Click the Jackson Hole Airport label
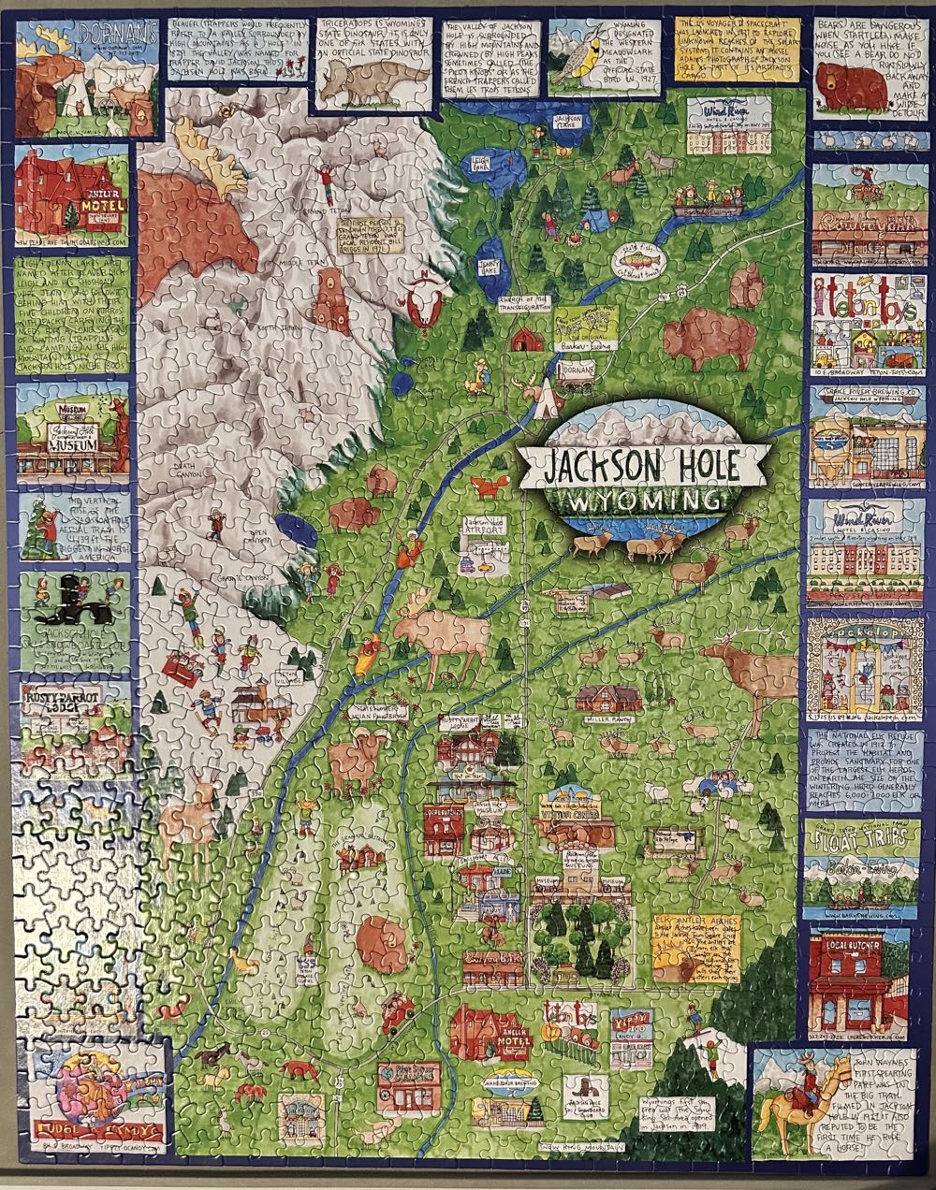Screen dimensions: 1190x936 479,527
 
